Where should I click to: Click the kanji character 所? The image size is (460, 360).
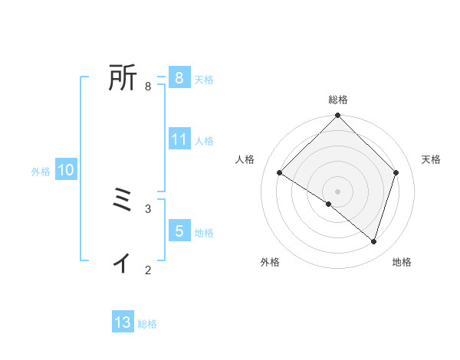[x=123, y=78]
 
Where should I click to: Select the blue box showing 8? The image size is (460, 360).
[x=179, y=77]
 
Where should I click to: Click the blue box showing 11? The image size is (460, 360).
[x=179, y=139]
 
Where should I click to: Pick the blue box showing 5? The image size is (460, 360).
[x=179, y=231]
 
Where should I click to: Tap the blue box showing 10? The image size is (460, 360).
[x=66, y=170]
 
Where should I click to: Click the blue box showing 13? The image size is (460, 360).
[x=123, y=322]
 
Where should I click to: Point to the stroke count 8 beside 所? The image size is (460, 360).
[x=148, y=87]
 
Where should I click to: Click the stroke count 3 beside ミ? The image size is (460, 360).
[x=148, y=208]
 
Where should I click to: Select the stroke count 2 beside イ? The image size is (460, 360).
[x=148, y=270]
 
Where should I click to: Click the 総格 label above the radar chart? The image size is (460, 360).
[x=338, y=100]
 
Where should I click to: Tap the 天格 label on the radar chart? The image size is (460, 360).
[x=431, y=159]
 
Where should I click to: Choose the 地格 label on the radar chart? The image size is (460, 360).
[x=402, y=263]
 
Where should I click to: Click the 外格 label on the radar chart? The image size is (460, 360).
[x=270, y=263]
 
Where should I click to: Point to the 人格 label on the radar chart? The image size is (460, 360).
[x=245, y=159]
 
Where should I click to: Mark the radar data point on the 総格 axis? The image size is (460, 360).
[x=338, y=116]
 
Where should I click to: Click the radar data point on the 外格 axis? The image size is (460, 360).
[x=329, y=205]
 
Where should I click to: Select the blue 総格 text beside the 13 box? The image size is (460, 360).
[x=147, y=324]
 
